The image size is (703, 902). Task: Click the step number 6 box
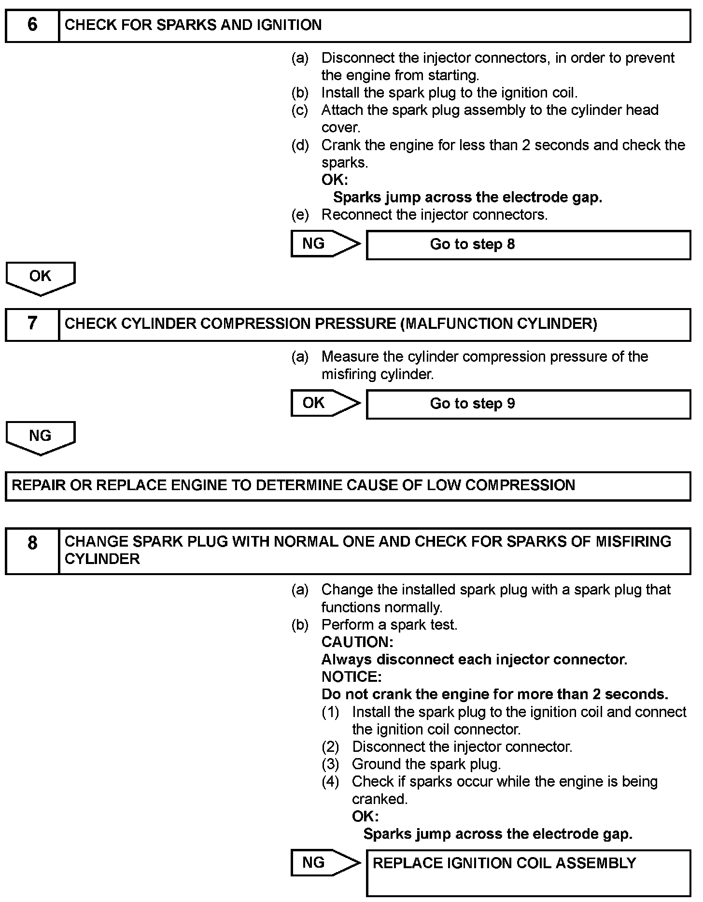[32, 25]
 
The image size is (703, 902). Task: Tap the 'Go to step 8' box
[528, 244]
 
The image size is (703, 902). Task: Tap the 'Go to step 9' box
[528, 404]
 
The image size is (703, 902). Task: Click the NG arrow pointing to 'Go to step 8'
[324, 243]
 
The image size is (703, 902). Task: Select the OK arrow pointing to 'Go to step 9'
[324, 403]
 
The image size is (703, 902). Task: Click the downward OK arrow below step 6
[41, 278]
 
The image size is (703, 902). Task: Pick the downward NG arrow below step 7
[41, 437]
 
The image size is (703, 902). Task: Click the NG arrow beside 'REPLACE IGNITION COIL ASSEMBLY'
[324, 862]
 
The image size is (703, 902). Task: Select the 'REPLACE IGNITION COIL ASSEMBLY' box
[528, 872]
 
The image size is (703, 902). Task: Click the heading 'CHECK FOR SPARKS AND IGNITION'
[193, 25]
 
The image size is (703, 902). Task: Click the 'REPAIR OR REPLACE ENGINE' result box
[348, 485]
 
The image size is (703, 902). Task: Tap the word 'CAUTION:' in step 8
[357, 642]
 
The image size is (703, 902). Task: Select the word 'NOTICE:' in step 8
[351, 676]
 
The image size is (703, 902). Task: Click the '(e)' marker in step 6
[300, 215]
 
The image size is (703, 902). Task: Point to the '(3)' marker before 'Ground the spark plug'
[331, 764]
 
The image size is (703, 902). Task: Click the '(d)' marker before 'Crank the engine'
[300, 145]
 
